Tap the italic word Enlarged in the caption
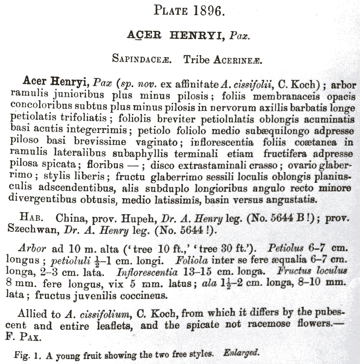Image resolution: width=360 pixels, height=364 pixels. [243, 354]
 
